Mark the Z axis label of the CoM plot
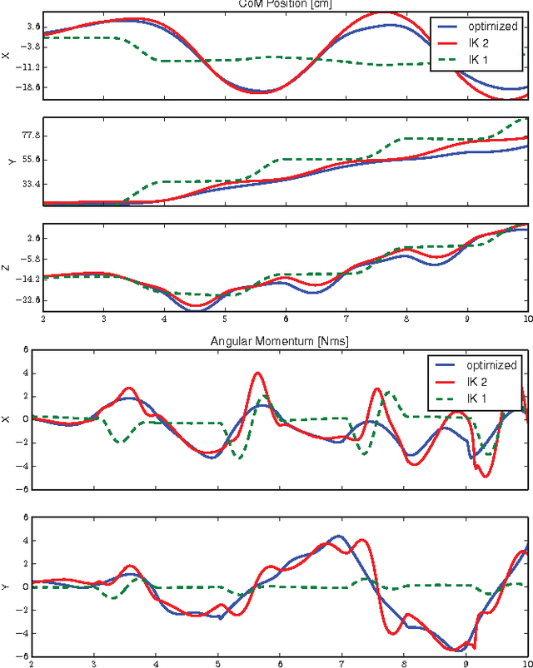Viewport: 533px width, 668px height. tap(7, 268)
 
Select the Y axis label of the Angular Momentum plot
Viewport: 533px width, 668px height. tap(7, 586)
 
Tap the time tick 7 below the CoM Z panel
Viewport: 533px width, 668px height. tap(346, 317)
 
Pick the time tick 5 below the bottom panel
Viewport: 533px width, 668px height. tap(217, 664)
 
